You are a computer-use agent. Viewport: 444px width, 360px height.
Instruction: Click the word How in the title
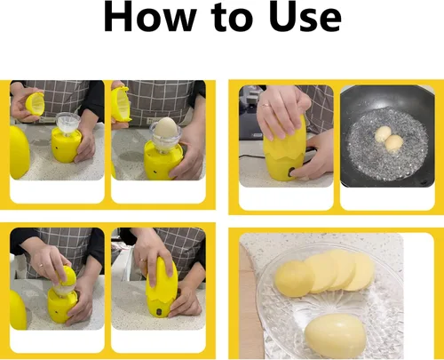(x=150, y=17)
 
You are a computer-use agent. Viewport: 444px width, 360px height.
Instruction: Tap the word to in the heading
(x=234, y=18)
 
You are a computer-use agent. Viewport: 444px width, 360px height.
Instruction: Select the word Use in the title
(x=305, y=17)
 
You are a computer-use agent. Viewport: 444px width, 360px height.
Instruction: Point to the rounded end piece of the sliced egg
(x=293, y=279)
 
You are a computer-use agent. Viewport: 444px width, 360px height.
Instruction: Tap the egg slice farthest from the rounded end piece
(x=361, y=272)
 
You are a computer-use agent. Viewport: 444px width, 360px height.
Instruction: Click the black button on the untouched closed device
(x=159, y=312)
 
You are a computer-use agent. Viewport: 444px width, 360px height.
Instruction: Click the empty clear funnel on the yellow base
(x=67, y=124)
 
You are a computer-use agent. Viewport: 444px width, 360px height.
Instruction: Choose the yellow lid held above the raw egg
(x=121, y=104)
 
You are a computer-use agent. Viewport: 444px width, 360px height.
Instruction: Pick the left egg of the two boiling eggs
(x=383, y=133)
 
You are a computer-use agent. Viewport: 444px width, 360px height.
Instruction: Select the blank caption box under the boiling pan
(x=387, y=198)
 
